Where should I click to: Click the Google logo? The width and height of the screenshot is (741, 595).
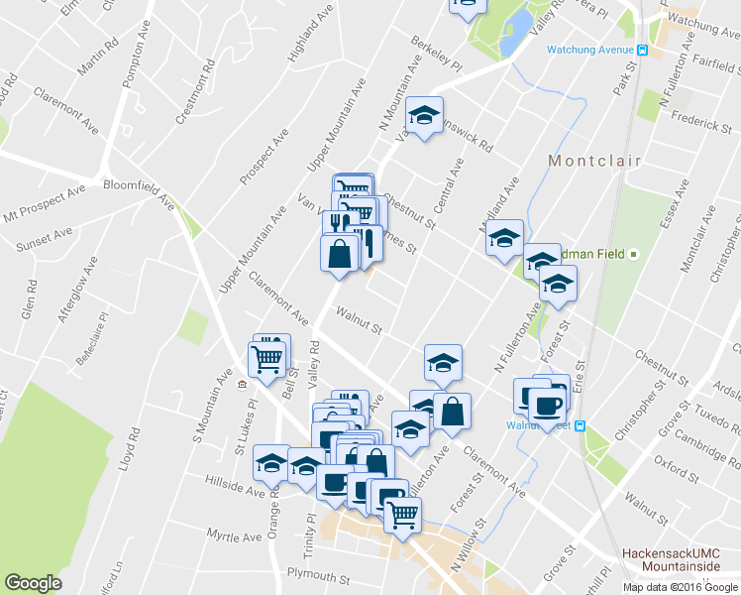pyautogui.click(x=34, y=583)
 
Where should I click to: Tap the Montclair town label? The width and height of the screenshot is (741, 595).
pyautogui.click(x=594, y=161)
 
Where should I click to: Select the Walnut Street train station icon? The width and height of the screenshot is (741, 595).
pyautogui.click(x=581, y=425)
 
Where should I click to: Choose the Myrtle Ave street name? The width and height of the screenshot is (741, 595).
pyautogui.click(x=234, y=536)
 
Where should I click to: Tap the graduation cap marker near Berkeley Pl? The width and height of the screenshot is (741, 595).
pyautogui.click(x=425, y=115)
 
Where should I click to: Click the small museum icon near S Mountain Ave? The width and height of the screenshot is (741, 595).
pyautogui.click(x=241, y=385)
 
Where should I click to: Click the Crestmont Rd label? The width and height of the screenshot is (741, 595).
pyautogui.click(x=194, y=95)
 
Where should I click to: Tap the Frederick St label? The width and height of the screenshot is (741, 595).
pyautogui.click(x=699, y=126)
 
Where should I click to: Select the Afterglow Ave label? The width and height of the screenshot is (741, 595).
pyautogui.click(x=76, y=291)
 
